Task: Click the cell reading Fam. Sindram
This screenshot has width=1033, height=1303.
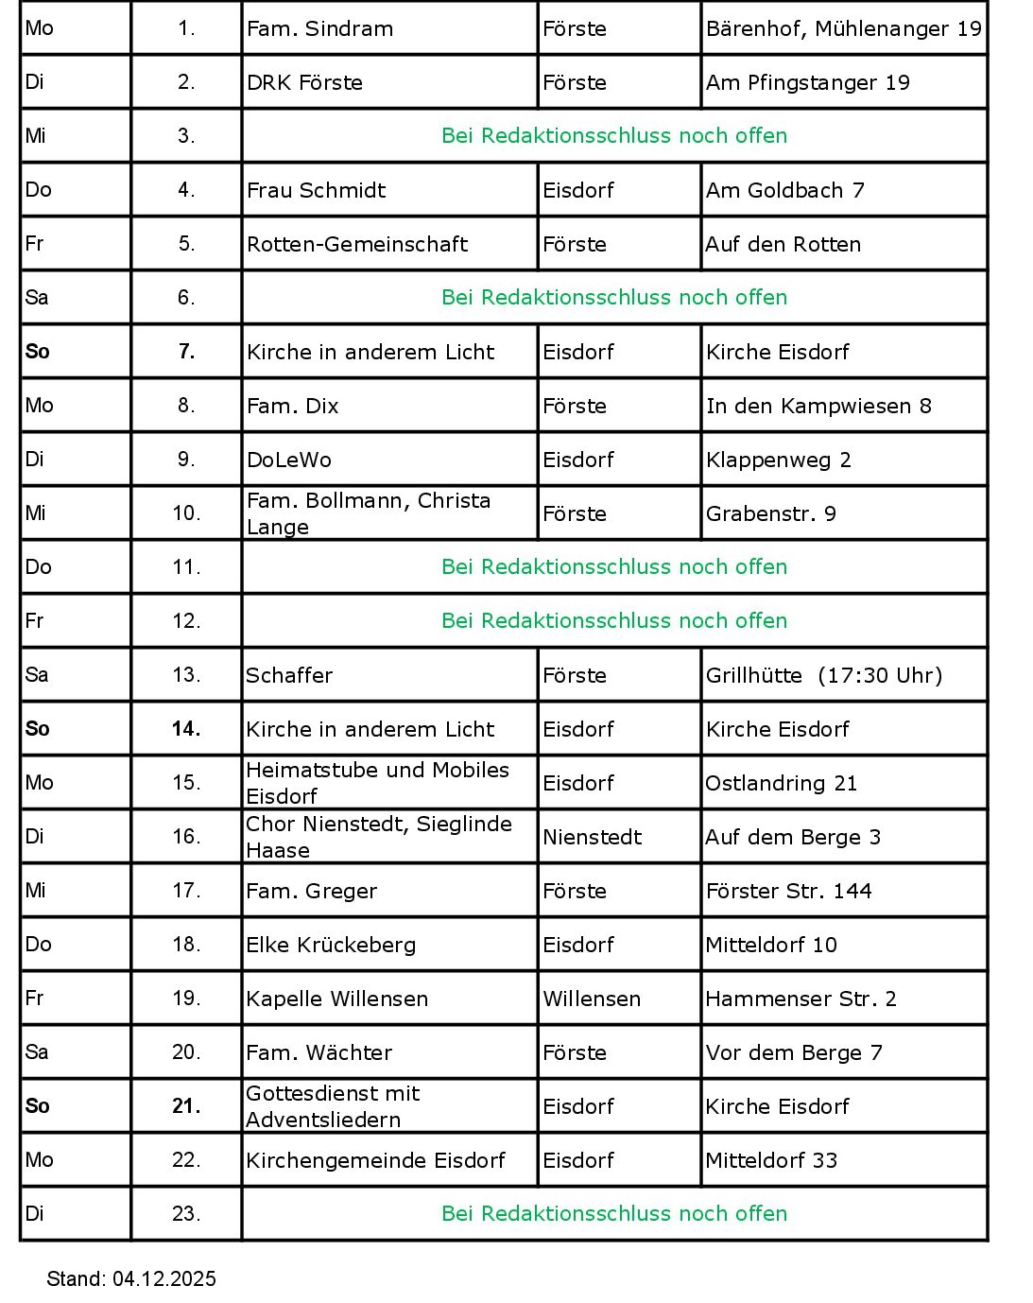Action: click(319, 29)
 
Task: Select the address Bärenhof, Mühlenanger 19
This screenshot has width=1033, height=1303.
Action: click(843, 29)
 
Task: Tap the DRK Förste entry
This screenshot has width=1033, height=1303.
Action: click(304, 83)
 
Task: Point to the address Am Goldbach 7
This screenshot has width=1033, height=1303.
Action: click(784, 191)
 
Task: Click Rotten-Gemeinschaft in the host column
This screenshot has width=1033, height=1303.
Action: click(356, 245)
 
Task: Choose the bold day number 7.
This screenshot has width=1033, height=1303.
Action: click(186, 352)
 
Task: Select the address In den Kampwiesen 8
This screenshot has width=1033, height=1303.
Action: click(818, 407)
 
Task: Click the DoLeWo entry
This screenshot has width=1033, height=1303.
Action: click(289, 460)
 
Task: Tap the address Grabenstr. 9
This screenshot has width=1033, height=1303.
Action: click(770, 514)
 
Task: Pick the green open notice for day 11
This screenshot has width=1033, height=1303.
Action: click(614, 567)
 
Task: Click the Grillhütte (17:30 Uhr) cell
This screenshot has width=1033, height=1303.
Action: click(824, 676)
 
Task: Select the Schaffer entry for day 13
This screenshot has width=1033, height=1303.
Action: click(289, 676)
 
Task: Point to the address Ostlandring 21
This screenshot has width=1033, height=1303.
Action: click(781, 784)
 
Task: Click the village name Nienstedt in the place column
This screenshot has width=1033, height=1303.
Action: click(592, 838)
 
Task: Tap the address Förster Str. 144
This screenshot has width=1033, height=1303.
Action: click(788, 892)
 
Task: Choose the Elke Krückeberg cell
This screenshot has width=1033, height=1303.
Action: click(331, 946)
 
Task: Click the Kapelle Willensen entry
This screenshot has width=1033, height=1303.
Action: click(336, 999)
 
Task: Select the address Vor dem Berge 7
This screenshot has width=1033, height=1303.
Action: click(794, 1053)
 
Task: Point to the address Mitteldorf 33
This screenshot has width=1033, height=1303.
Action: click(771, 1161)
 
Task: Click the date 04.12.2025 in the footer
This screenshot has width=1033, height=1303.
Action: click(164, 1279)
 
